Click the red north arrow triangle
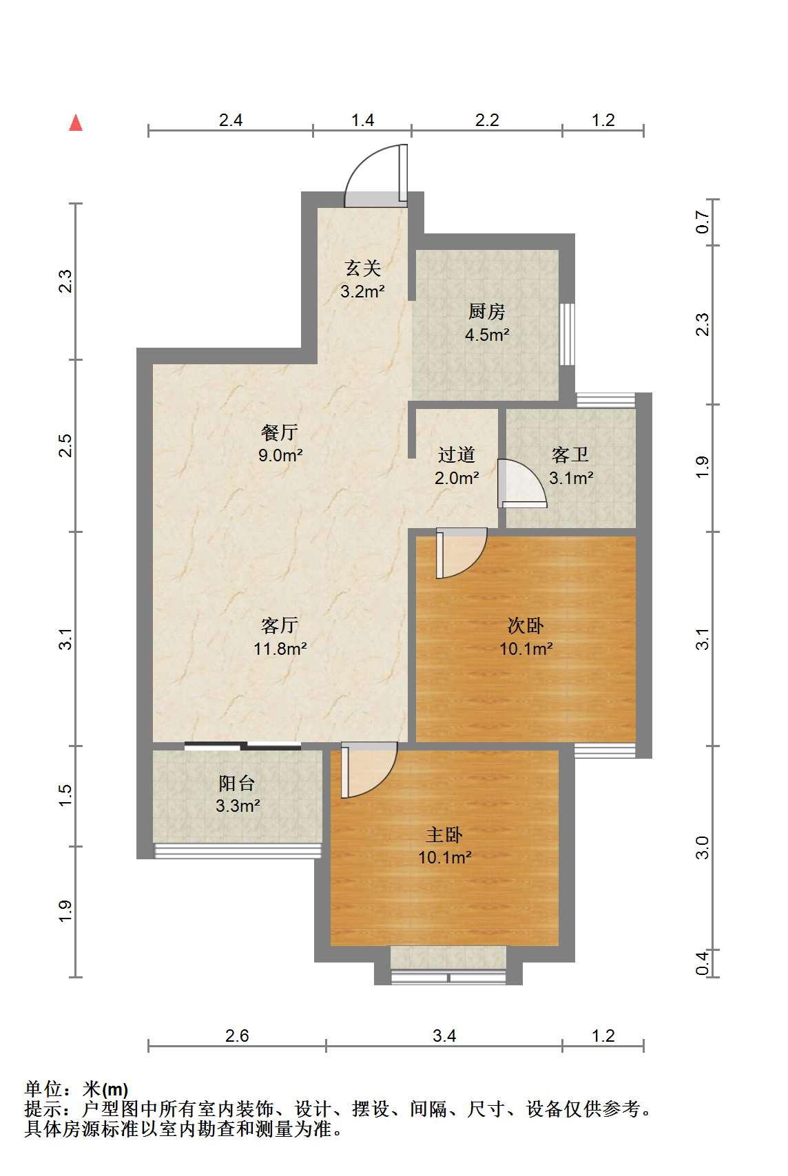tap(76, 123)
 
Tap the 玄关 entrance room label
tap(362, 269)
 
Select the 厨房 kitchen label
tap(487, 311)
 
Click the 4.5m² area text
tap(487, 335)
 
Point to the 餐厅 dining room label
tap(280, 432)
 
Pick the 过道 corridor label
tap(457, 454)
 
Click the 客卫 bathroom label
tap(570, 454)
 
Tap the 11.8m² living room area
tap(280, 649)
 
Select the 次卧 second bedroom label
tap(526, 625)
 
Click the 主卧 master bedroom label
tap(444, 834)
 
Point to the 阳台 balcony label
tap(237, 783)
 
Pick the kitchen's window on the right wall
tap(567, 334)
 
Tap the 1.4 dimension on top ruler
tap(362, 120)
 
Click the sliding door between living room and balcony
tap(242, 746)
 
